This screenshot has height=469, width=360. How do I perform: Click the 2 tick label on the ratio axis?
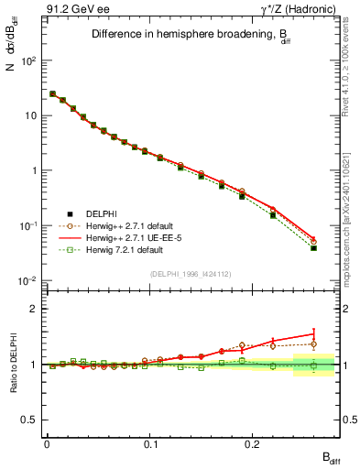point(34,309)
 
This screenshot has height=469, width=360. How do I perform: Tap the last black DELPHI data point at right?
point(313,248)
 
